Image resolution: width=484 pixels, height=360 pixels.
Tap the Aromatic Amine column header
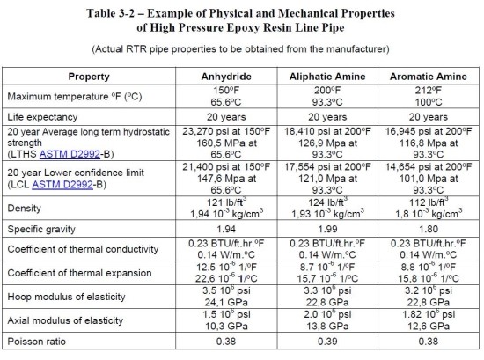click(x=419, y=77)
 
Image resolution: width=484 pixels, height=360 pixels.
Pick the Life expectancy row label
click(x=59, y=115)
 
